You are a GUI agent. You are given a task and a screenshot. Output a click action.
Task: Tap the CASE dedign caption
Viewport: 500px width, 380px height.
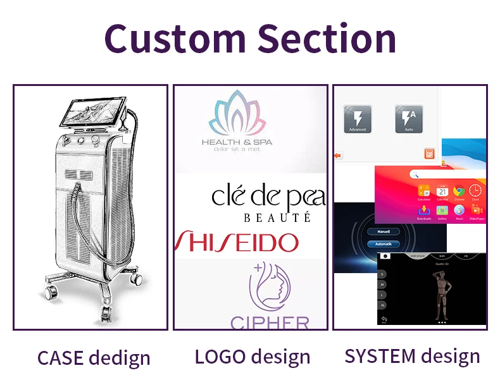click(x=94, y=357)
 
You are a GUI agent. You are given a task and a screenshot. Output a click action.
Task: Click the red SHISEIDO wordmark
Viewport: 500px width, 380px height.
click(x=237, y=242)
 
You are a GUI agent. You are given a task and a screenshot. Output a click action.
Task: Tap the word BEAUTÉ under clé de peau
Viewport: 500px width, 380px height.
click(x=277, y=218)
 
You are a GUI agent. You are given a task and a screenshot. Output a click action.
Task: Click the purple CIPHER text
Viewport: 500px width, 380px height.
click(x=270, y=322)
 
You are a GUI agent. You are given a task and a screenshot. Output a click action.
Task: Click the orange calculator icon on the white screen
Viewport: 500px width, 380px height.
click(x=428, y=154)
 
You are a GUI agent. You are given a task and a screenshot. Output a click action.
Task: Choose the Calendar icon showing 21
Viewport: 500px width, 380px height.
click(x=442, y=190)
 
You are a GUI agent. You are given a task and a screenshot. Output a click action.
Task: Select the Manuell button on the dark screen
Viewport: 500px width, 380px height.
click(x=383, y=231)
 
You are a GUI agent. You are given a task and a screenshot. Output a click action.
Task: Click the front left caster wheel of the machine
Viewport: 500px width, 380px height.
click(x=49, y=291)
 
